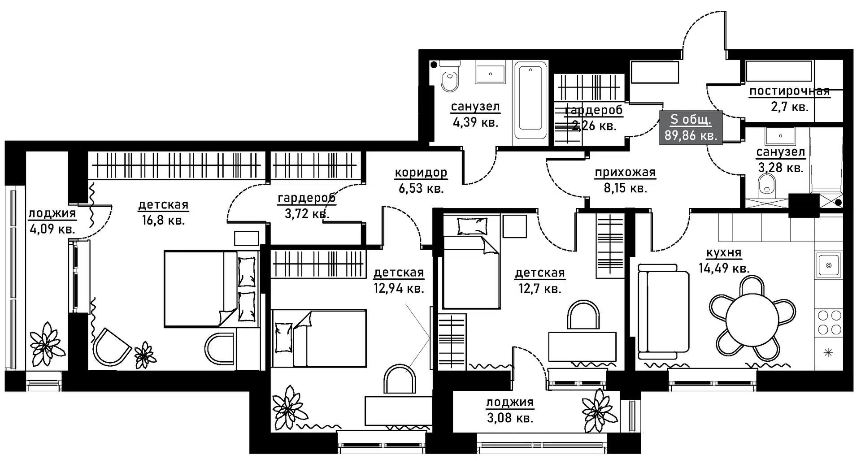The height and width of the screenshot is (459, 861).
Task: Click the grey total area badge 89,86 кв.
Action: (691, 128)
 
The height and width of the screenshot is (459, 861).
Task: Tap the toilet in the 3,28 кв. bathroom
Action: (767, 185)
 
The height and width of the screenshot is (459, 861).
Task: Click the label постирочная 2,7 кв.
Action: (789, 99)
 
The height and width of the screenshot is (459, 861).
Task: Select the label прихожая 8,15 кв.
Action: (625, 180)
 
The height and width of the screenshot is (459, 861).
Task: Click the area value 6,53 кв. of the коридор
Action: (421, 188)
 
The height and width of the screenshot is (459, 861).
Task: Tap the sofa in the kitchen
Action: (663, 312)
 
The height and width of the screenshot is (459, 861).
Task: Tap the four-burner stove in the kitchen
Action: (829, 322)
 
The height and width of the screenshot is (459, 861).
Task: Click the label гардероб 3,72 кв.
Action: (307, 205)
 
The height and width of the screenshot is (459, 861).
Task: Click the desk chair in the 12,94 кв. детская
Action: (399, 379)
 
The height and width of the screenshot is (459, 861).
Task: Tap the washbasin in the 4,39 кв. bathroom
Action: (490, 74)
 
